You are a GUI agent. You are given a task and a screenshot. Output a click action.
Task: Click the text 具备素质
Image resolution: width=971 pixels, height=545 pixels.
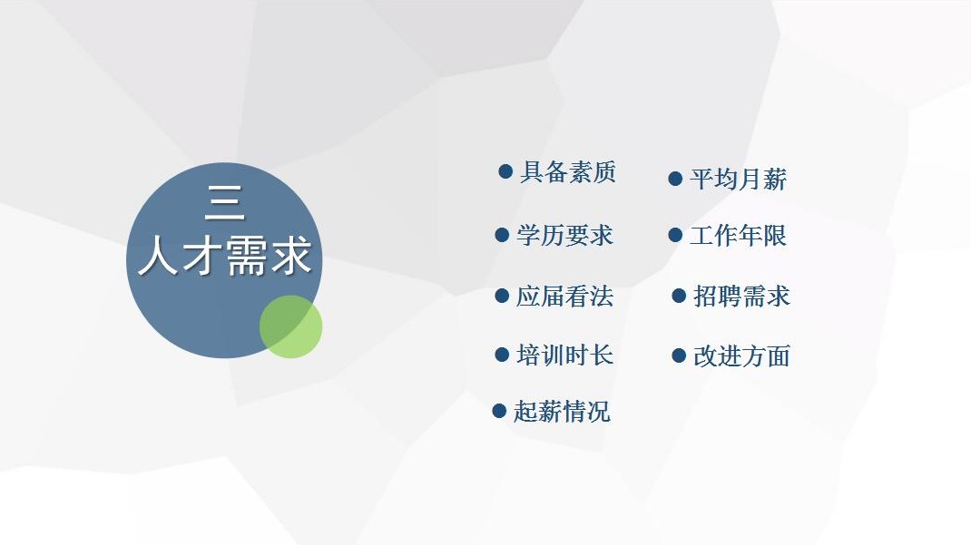pyautogui.click(x=568, y=172)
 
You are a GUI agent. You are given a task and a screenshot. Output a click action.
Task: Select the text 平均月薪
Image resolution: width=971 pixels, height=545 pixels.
pyautogui.click(x=738, y=180)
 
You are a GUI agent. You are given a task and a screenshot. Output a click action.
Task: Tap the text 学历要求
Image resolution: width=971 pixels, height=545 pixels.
pyautogui.click(x=564, y=235)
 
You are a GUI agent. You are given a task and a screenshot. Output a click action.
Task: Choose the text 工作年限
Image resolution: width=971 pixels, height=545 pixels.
pyautogui.click(x=738, y=235)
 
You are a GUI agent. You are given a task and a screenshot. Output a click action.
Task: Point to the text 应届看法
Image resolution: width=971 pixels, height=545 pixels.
pyautogui.click(x=564, y=297)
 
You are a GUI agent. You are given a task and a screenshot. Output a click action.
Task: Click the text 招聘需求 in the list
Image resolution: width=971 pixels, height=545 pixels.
pyautogui.click(x=741, y=297)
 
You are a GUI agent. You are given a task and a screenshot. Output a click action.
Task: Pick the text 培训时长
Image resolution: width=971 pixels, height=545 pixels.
pyautogui.click(x=564, y=355)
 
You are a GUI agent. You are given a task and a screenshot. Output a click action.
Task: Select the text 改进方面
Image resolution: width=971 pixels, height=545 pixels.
pyautogui.click(x=741, y=355)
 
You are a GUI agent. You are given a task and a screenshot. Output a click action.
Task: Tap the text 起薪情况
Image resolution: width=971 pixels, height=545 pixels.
pyautogui.click(x=562, y=412)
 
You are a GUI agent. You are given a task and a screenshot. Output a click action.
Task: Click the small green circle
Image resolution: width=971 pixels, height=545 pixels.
pyautogui.click(x=290, y=326)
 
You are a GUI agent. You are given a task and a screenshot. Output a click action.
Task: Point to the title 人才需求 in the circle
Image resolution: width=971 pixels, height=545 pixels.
pyautogui.click(x=224, y=255)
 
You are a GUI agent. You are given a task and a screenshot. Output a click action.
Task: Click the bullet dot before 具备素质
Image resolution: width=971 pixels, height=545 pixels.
pyautogui.click(x=505, y=171)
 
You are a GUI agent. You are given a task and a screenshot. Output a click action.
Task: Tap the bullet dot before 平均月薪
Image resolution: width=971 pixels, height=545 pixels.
pyautogui.click(x=675, y=180)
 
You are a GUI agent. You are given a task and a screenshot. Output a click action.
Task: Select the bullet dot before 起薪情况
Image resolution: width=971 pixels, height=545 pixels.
pyautogui.click(x=499, y=411)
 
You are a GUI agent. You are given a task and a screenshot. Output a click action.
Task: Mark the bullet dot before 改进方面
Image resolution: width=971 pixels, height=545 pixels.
pyautogui.click(x=679, y=355)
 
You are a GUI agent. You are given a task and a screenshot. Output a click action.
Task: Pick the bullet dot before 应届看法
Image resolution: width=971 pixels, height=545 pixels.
pyautogui.click(x=502, y=296)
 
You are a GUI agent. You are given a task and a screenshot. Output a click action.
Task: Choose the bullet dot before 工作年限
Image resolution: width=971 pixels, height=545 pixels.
pyautogui.click(x=675, y=235)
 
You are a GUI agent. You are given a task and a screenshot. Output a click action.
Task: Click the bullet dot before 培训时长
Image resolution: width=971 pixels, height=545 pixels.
pyautogui.click(x=502, y=355)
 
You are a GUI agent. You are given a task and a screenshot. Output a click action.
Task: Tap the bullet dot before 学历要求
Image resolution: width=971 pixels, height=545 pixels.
pyautogui.click(x=502, y=235)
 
